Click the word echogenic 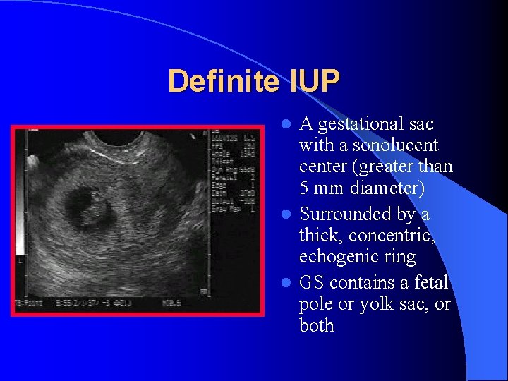click(337, 258)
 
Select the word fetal click(431, 282)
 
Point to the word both click(317, 325)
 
